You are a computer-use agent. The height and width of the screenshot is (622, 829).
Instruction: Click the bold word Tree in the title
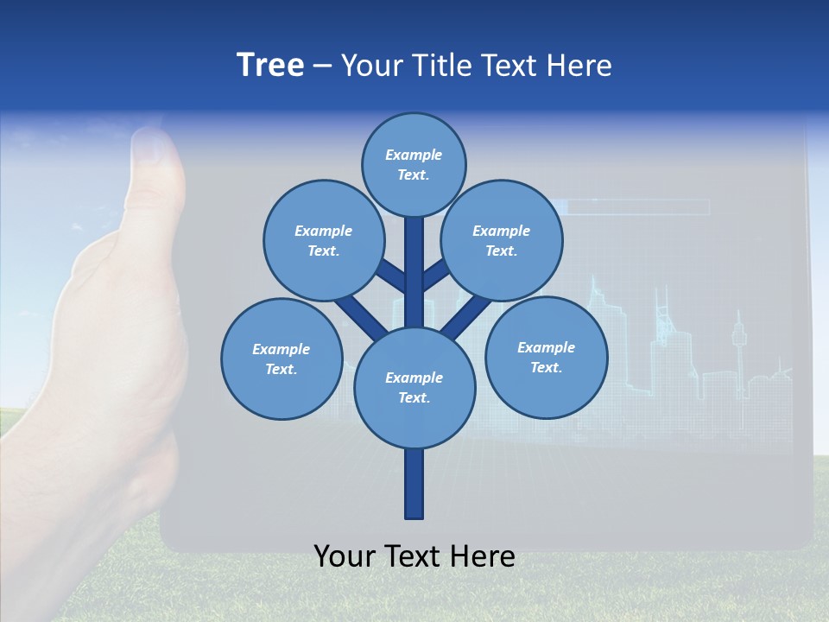tap(270, 66)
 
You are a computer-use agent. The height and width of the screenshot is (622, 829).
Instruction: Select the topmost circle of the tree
tap(414, 164)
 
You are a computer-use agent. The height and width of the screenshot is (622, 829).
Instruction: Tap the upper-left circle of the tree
tap(324, 240)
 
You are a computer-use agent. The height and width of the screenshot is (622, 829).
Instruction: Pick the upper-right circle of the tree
tap(502, 240)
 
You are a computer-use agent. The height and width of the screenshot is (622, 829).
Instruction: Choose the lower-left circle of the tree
tap(282, 359)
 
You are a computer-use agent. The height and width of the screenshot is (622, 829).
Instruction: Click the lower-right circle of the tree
tap(547, 357)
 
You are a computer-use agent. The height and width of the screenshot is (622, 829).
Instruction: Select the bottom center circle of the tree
tap(414, 387)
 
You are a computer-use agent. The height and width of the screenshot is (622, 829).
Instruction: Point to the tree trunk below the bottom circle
tap(414, 483)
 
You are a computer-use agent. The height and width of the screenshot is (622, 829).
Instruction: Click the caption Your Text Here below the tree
tap(414, 556)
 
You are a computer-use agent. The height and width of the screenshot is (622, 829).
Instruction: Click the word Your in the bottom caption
tap(344, 556)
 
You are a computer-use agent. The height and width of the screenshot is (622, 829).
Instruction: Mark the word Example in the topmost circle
tap(414, 155)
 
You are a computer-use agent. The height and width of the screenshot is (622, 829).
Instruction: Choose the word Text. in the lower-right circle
tap(547, 367)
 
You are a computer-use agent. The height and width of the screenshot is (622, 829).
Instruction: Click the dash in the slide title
tap(323, 66)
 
